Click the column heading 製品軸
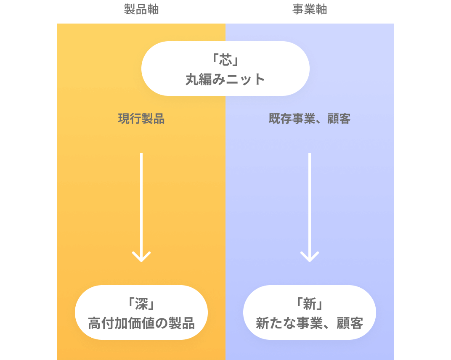pyautogui.click(x=141, y=10)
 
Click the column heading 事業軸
pyautogui.click(x=310, y=10)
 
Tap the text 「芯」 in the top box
pyautogui.click(x=225, y=60)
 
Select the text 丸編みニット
pyautogui.click(x=225, y=79)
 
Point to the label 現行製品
pyautogui.click(x=141, y=119)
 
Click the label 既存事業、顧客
pyautogui.click(x=310, y=119)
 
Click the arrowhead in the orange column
pyautogui.click(x=141, y=256)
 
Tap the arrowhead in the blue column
pyautogui.click(x=310, y=256)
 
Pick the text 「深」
pyautogui.click(x=141, y=304)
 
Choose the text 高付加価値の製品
pyautogui.click(x=141, y=323)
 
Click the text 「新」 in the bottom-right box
pyautogui.click(x=310, y=304)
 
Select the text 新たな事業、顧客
pyautogui.click(x=310, y=323)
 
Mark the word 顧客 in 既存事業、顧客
pyautogui.click(x=339, y=119)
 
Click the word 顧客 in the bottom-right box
pyautogui.click(x=350, y=323)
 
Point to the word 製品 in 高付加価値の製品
pyautogui.click(x=181, y=323)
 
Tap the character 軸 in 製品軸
pyautogui.click(x=153, y=10)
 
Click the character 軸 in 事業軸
pyautogui.click(x=321, y=10)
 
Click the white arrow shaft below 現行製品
pyautogui.click(x=141, y=206)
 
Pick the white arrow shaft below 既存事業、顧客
pyautogui.click(x=310, y=206)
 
